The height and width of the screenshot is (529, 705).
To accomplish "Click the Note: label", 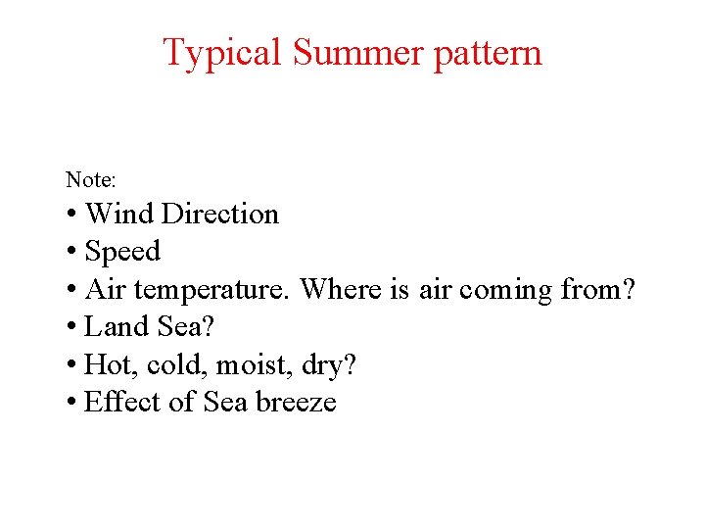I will tap(91, 180).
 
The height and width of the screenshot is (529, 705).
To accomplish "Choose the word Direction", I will tap(220, 214).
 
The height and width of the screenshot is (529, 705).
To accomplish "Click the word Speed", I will tap(122, 252).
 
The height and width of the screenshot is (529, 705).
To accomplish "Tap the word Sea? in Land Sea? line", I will tap(178, 327).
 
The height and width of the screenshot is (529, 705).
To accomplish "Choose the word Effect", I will tap(119, 403).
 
